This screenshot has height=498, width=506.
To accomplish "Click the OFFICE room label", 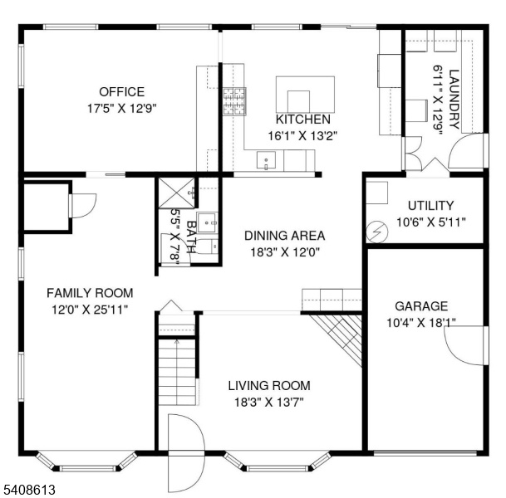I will [121, 92].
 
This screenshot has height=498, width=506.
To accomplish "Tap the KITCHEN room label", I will [302, 120].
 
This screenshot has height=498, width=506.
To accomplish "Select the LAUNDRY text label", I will [454, 99].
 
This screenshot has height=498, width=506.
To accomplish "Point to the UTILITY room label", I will [430, 206].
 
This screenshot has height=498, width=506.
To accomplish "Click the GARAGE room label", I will [420, 306].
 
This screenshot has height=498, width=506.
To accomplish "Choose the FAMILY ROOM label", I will [89, 293].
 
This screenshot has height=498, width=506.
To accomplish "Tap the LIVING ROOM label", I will [269, 386].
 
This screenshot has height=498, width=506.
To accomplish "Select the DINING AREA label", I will [284, 236].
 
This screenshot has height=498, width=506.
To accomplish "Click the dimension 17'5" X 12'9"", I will [121, 108].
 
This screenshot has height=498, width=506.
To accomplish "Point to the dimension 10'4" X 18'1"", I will [420, 322].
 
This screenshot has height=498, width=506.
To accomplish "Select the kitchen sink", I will [268, 160].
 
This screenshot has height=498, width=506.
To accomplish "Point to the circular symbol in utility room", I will [378, 232].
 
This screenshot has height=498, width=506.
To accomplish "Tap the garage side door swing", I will [465, 344].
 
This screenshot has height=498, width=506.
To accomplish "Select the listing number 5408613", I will [28, 491].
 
